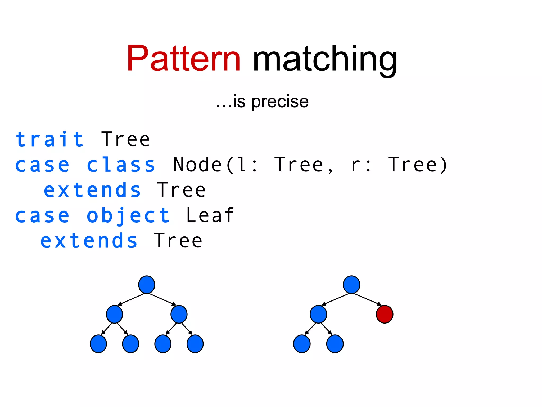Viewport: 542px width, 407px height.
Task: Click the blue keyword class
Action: click(121, 165)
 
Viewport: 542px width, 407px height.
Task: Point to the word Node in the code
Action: click(197, 165)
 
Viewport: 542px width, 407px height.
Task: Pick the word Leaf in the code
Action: click(210, 215)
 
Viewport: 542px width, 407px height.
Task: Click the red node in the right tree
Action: click(384, 314)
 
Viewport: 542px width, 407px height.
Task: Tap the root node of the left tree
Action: click(147, 285)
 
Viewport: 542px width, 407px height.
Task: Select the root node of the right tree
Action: click(351, 285)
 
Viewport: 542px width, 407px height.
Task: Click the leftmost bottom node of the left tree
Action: click(98, 344)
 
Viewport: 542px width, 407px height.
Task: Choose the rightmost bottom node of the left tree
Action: click(195, 344)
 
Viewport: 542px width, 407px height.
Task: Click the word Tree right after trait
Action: click(126, 139)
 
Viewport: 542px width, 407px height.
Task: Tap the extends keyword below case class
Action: click(92, 190)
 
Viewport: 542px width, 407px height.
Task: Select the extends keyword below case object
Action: click(89, 241)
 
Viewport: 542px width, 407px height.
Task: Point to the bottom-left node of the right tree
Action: click(302, 344)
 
